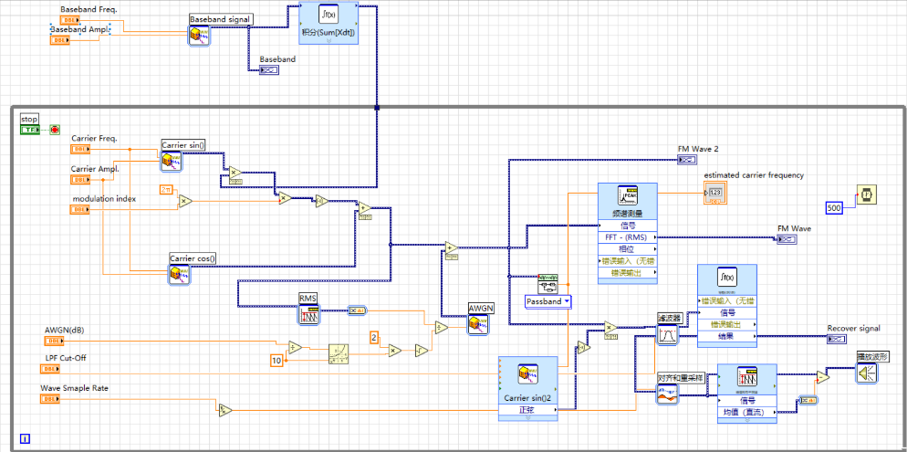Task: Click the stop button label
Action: coord(30,119)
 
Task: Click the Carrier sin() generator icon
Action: coord(171,162)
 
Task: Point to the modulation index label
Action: coord(104,198)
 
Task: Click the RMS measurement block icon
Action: coord(309,315)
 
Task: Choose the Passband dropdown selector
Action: coord(548,301)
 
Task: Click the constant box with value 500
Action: coord(834,207)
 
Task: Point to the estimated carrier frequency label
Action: coord(754,175)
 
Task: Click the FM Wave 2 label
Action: coord(697,148)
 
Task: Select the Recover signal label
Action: coord(853,328)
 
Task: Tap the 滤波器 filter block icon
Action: coord(670,335)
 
